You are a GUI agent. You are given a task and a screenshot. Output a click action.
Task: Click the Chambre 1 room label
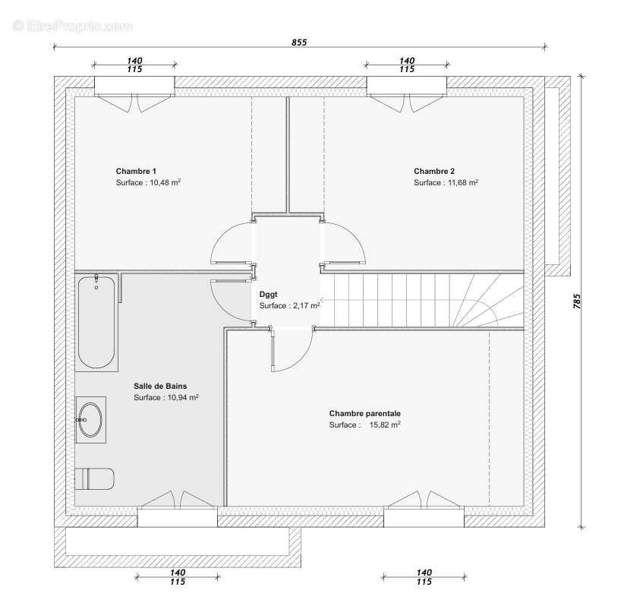[x=136, y=171]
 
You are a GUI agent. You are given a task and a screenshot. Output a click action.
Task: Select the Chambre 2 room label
[x=433, y=171]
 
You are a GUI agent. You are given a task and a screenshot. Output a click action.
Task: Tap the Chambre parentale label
[x=364, y=413]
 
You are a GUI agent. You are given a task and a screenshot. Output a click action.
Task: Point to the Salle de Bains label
[x=159, y=386]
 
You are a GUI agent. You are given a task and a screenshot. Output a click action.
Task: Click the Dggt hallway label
[x=268, y=293]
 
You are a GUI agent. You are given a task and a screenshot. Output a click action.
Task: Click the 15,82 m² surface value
[x=385, y=425]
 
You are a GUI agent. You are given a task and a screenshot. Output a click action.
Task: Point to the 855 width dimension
[x=299, y=43]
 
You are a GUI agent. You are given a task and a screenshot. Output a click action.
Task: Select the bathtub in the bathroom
[x=97, y=323]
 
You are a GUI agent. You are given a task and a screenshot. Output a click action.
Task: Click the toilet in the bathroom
[x=95, y=479]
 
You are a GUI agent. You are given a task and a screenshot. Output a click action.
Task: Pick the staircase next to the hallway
[x=421, y=301]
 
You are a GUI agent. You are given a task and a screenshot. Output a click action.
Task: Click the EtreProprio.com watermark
[x=72, y=27]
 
